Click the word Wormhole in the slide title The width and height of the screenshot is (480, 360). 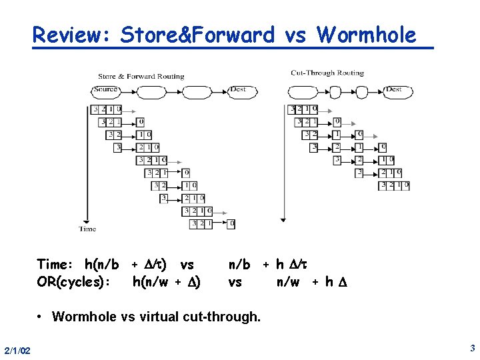pos(366,35)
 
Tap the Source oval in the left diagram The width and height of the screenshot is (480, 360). pos(106,89)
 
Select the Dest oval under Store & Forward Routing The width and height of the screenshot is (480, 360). pos(238,89)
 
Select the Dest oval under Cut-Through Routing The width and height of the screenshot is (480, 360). pos(393,89)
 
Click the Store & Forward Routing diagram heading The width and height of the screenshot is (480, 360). pos(141,76)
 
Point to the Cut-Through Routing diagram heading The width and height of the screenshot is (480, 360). pos(327,73)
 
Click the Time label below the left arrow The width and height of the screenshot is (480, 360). pos(87,229)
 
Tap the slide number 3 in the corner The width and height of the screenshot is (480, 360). pos(472,348)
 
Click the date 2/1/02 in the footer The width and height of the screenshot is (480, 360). pos(17,351)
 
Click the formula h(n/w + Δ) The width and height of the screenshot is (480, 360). pos(167,281)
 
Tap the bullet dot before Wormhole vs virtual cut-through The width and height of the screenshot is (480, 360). pos(41,316)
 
